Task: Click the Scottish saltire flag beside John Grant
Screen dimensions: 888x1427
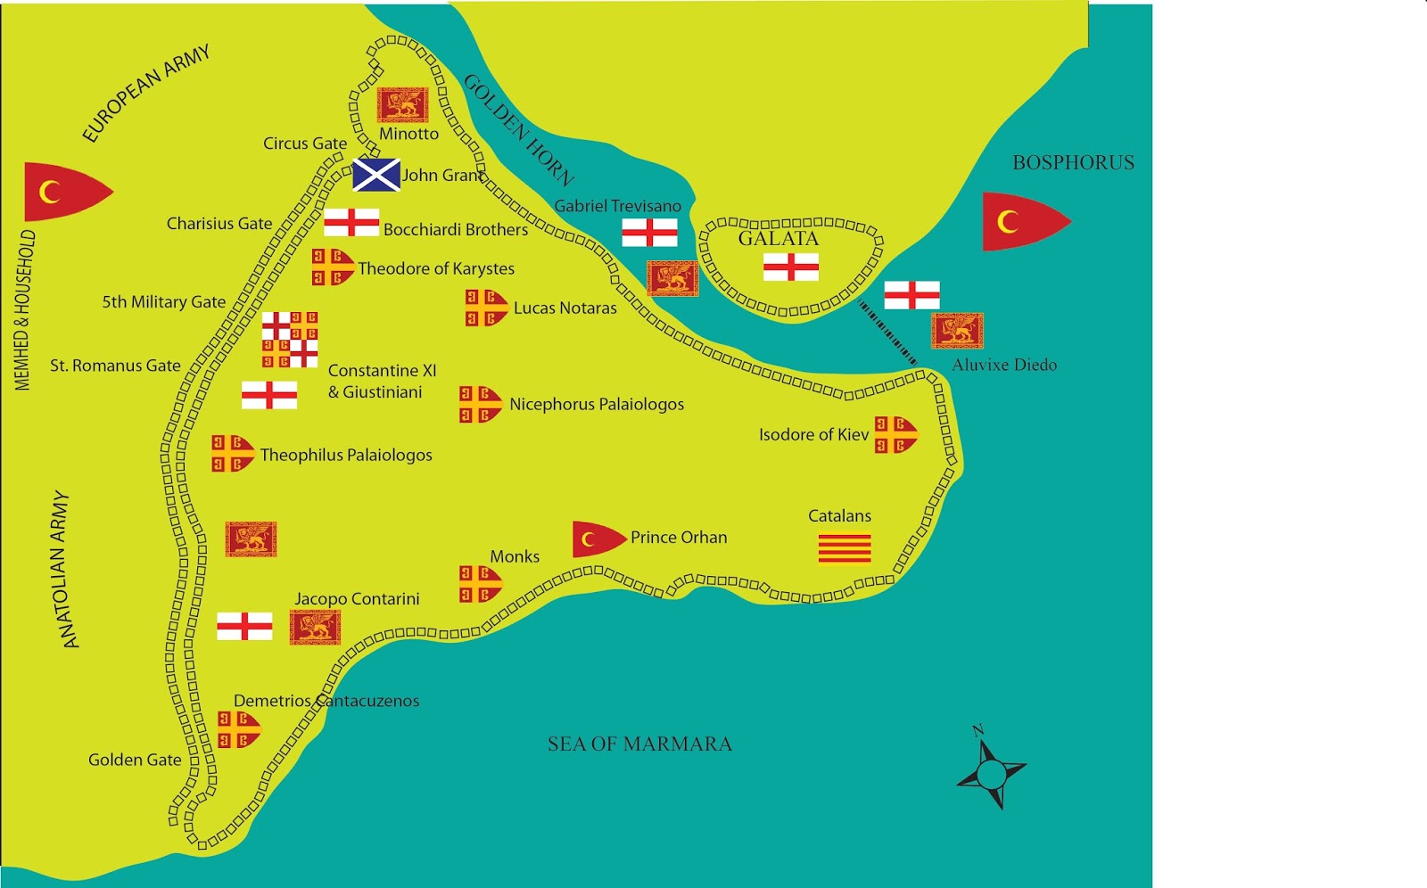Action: pos(375,176)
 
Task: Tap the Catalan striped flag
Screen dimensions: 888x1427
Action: pos(845,548)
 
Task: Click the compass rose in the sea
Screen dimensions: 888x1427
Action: pos(991,771)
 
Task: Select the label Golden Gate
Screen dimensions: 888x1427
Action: pos(135,760)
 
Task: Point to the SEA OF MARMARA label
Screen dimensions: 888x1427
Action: pos(639,744)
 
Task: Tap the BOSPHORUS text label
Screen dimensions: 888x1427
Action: pos(1073,162)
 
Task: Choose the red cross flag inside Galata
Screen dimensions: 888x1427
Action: pos(790,267)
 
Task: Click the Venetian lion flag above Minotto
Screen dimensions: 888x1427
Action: pos(402,105)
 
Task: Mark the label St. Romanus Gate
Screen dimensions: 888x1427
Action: pos(115,366)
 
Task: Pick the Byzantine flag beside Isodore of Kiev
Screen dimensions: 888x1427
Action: pos(895,434)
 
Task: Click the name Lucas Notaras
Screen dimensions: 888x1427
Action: pos(565,308)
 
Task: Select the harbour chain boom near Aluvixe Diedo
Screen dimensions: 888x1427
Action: pos(887,332)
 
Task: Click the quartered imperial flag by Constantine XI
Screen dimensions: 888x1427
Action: pos(290,340)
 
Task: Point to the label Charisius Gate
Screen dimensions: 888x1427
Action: pos(219,224)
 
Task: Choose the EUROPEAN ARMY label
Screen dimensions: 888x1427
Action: pos(146,93)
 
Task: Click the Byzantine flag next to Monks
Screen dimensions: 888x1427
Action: pos(480,584)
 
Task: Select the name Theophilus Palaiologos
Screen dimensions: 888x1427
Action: pos(346,456)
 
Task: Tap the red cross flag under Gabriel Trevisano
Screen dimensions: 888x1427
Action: pos(649,233)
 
